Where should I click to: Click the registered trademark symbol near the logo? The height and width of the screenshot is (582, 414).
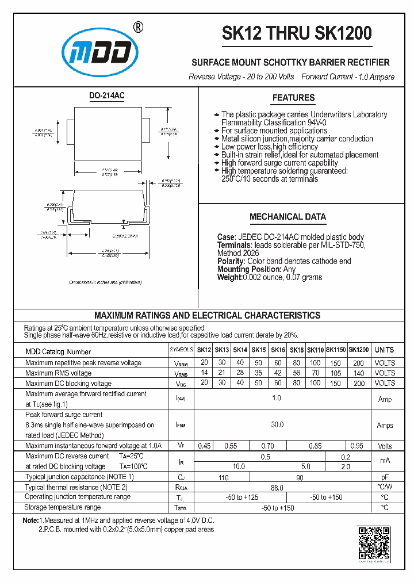pos(138,27)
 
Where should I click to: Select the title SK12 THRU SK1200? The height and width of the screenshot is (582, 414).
pos(297,33)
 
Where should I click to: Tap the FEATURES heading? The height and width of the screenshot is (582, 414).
pos(293,98)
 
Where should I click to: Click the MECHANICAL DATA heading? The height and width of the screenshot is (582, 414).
pos(287,217)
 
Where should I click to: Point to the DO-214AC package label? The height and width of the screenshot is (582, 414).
pos(106,95)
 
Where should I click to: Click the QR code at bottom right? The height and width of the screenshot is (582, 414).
pos(374,542)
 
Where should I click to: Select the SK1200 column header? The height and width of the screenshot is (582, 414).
pos(359,350)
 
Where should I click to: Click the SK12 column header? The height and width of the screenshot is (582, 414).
pos(204,350)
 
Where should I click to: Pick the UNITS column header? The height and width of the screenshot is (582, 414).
pos(384,350)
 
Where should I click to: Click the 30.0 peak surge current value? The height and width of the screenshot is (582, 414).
pos(277,424)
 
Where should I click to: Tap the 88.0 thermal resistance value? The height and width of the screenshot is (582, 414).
pos(277,487)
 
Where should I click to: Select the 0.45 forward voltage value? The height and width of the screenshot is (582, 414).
pos(204,446)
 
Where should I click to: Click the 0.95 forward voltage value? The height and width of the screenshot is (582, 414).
pos(356,446)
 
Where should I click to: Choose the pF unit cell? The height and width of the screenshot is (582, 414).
pos(384,477)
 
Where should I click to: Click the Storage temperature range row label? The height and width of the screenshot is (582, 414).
pos(63,507)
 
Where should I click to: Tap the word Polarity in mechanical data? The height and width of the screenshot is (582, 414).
pos(231,261)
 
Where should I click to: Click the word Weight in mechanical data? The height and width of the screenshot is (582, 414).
pos(229,277)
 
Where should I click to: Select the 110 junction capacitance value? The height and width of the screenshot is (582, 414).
pos(223,477)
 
